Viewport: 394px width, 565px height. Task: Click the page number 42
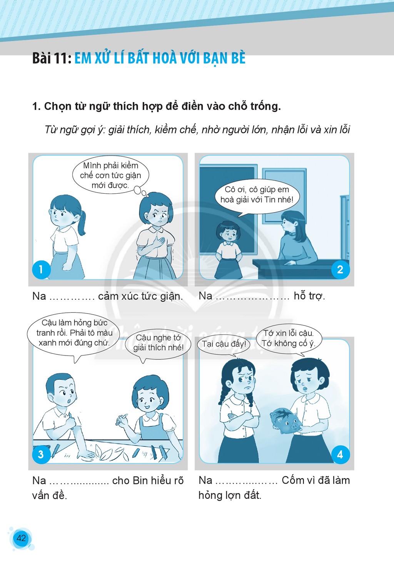21,538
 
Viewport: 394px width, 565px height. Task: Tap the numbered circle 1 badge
41,269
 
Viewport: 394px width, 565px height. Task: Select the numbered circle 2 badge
340,269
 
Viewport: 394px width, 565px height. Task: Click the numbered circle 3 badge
41,454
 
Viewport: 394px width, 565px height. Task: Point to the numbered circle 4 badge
340,454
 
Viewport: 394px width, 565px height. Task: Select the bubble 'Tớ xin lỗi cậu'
289,339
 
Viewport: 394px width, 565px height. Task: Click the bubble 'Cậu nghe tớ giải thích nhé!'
158,344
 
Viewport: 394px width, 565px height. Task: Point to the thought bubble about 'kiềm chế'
110,176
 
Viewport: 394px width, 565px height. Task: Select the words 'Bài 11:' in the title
52,58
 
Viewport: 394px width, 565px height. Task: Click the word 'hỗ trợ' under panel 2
309,296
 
